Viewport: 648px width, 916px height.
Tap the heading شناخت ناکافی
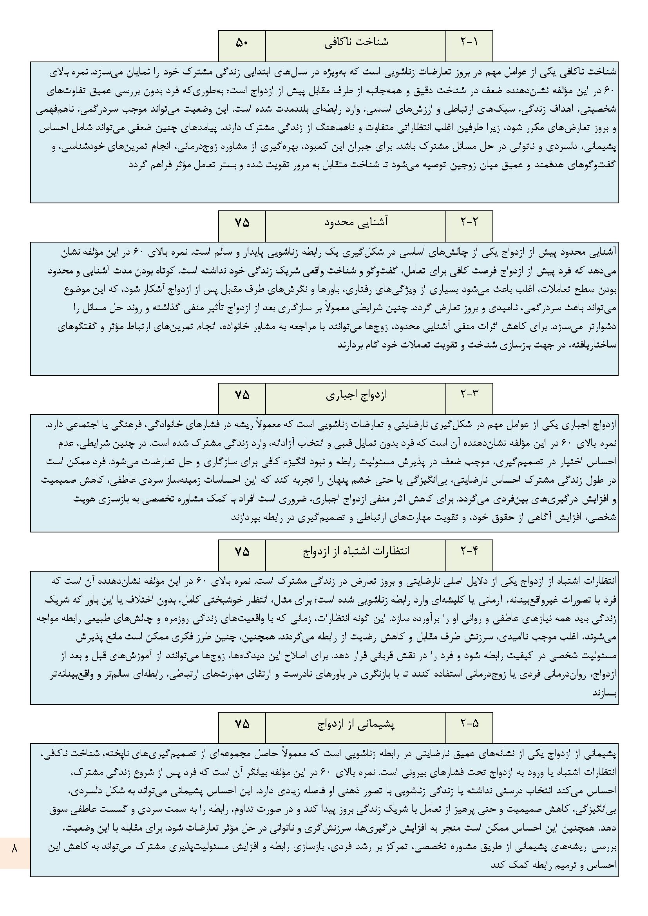[355, 42]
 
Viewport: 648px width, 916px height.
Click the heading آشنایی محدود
[355, 223]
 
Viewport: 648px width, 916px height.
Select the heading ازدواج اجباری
[355, 395]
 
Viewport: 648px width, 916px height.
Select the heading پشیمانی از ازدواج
[355, 724]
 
